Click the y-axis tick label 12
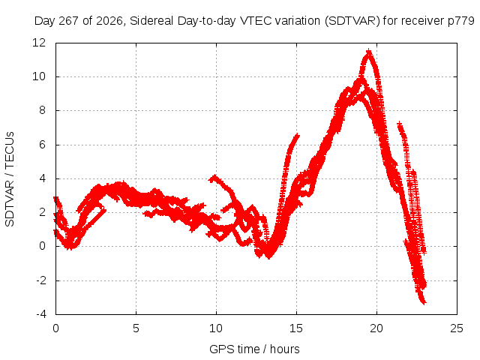click(x=39, y=42)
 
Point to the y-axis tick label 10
click(x=39, y=76)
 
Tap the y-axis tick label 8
click(x=42, y=110)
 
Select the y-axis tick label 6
click(x=42, y=145)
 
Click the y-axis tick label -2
click(x=40, y=280)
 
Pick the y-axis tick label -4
click(x=40, y=314)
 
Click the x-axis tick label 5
click(x=136, y=328)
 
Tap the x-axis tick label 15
click(x=296, y=328)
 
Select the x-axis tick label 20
click(x=376, y=328)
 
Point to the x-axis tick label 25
click(x=457, y=328)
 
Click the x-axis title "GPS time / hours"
click(x=254, y=349)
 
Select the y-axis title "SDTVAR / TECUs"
click(x=10, y=179)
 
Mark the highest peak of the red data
click(x=369, y=52)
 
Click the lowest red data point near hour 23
click(x=424, y=303)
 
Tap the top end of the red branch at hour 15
click(x=297, y=135)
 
